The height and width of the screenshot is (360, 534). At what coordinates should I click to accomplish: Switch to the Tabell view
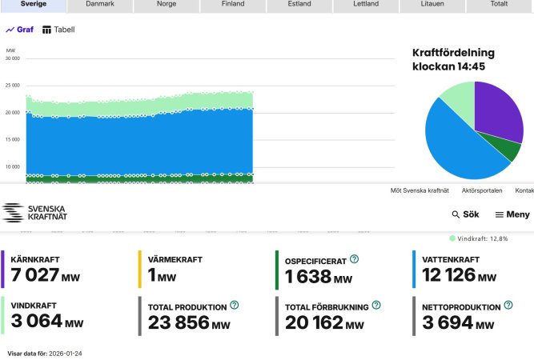click(58, 30)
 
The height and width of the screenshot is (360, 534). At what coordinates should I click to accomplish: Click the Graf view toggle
click(20, 30)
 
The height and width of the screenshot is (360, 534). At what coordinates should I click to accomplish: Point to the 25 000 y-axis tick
click(12, 86)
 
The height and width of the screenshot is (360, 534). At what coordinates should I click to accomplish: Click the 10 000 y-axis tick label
click(12, 167)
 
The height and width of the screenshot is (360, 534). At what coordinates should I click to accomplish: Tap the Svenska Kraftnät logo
click(34, 213)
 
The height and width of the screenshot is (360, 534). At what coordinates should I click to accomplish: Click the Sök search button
click(465, 214)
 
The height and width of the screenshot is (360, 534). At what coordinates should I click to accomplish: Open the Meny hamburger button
click(512, 214)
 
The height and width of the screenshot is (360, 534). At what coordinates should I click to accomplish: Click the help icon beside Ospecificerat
click(354, 259)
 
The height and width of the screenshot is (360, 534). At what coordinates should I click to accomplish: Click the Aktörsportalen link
click(481, 190)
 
